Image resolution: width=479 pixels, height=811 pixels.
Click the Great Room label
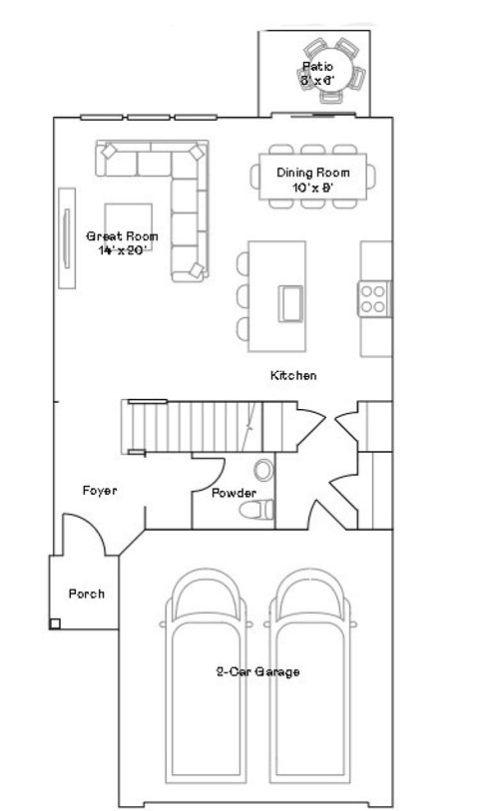[x=123, y=242]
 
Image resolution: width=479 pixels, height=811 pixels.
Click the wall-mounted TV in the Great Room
[x=67, y=238]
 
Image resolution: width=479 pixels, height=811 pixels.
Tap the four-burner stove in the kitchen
[x=373, y=299]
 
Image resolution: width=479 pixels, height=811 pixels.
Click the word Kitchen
[x=294, y=376]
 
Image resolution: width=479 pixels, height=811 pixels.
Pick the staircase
[x=190, y=426]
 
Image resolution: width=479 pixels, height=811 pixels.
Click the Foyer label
[x=100, y=491]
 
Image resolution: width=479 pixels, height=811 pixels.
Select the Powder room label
[x=234, y=493]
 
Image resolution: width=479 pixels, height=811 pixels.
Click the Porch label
[x=86, y=594]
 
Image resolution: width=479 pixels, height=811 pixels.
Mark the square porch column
[x=55, y=624]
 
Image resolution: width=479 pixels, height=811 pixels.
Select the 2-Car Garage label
[x=258, y=672]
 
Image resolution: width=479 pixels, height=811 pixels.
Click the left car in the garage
[x=208, y=688]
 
